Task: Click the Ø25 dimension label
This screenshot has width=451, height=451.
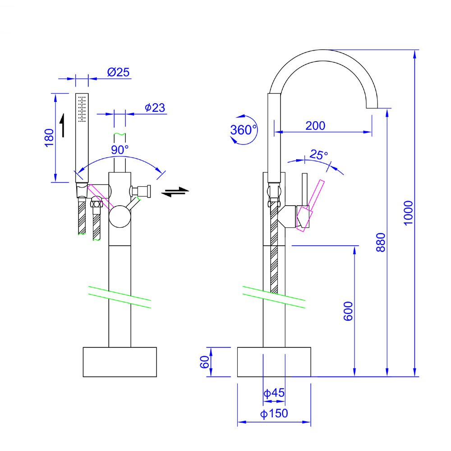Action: pyautogui.click(x=118, y=72)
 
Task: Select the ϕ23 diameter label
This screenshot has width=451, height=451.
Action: pyautogui.click(x=155, y=108)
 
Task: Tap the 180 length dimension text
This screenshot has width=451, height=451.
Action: pyautogui.click(x=49, y=138)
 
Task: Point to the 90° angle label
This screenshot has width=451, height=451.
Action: pyautogui.click(x=120, y=150)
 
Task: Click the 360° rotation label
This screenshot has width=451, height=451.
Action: pyautogui.click(x=244, y=130)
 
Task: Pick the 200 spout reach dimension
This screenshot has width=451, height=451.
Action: pyautogui.click(x=315, y=126)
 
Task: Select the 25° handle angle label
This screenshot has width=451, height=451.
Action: pyautogui.click(x=319, y=154)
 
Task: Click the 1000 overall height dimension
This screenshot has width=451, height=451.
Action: pyautogui.click(x=408, y=213)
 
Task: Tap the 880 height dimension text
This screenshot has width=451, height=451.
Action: pyautogui.click(x=381, y=242)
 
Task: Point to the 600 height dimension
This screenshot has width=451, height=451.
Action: pyautogui.click(x=348, y=311)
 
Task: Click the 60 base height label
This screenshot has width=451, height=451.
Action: pyautogui.click(x=204, y=362)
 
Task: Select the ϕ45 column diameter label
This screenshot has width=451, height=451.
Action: pyautogui.click(x=274, y=393)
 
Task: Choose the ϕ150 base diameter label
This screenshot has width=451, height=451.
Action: pyautogui.click(x=274, y=413)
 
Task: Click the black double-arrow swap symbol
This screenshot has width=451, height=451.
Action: pyautogui.click(x=175, y=192)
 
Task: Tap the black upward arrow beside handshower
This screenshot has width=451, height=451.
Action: pyautogui.click(x=62, y=125)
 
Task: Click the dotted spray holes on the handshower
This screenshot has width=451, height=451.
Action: pyautogui.click(x=82, y=109)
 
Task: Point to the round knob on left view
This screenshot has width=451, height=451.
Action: pyautogui.click(x=120, y=216)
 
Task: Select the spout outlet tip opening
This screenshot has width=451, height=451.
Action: pyautogui.click(x=372, y=108)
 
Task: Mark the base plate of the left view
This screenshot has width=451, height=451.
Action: pyautogui.click(x=120, y=362)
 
